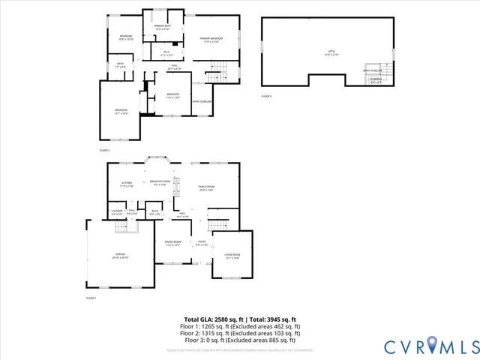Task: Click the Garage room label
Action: click(121, 256)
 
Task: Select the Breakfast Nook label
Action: click(158, 182)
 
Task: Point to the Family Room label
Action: click(207, 188)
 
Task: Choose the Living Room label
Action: click(231, 256)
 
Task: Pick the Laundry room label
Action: click(118, 213)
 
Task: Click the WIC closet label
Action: click(166, 53)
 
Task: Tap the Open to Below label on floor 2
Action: click(200, 102)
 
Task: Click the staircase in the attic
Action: click(377, 75)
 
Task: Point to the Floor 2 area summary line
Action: click(240, 334)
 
